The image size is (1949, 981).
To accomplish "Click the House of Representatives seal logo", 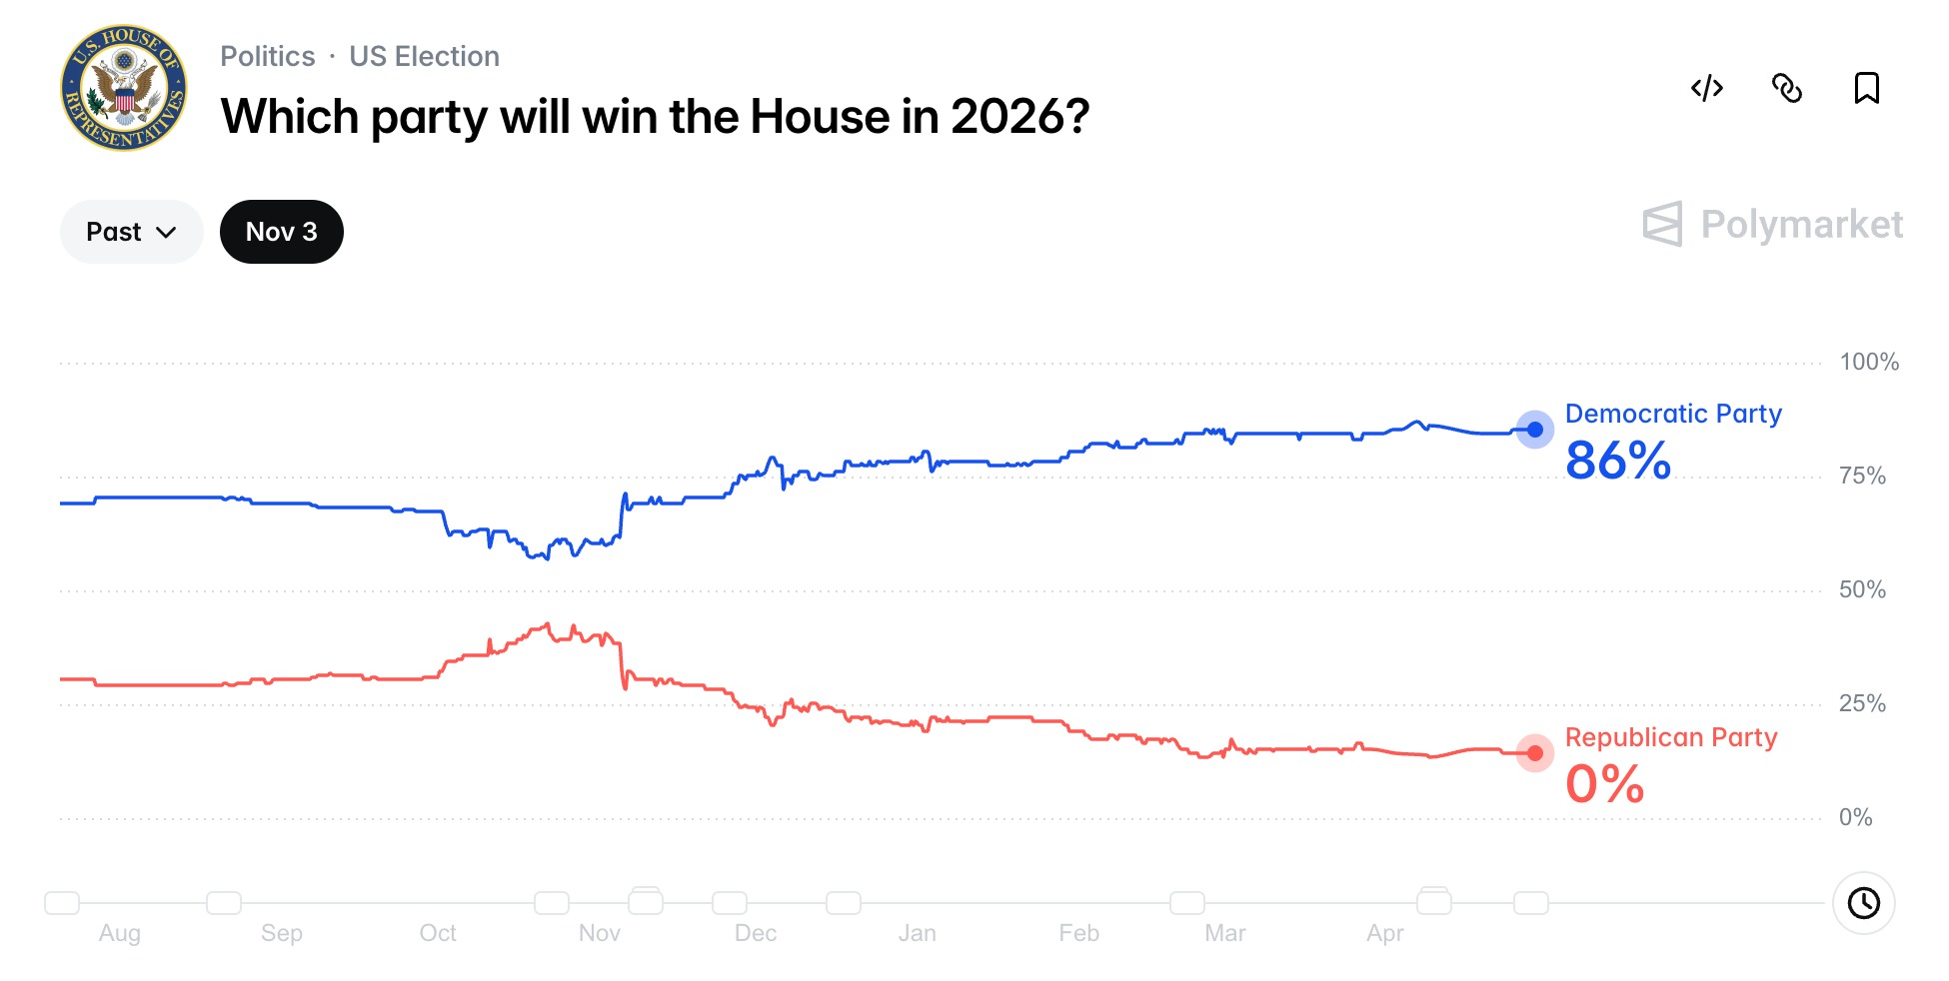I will (124, 88).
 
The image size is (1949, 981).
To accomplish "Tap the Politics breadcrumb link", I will (267, 56).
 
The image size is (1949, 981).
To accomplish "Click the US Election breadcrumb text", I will (424, 56).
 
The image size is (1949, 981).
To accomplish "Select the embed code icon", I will (1706, 88).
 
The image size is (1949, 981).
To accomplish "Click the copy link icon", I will (1786, 88).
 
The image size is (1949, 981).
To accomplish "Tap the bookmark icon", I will (1866, 88).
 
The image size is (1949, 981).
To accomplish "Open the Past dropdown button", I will (131, 232).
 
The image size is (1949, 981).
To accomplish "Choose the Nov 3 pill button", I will (281, 232).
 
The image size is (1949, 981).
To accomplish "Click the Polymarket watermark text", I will (1801, 225).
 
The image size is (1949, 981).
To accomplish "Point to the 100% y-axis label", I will (1868, 362).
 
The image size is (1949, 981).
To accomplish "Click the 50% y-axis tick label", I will (1862, 589).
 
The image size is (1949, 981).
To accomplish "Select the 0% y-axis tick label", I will (1855, 817).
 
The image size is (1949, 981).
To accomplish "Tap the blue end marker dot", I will (1534, 430).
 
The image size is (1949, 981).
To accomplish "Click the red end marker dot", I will (1534, 753).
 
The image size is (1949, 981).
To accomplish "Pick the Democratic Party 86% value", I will (1617, 461).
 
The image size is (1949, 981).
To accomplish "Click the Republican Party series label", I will (1670, 737).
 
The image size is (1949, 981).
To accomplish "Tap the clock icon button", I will (1863, 903).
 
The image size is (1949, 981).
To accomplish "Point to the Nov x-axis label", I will (599, 933).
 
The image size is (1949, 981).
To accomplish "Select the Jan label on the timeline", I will (917, 933).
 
